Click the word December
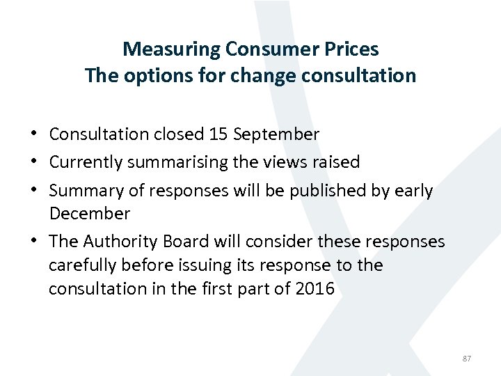[x=89, y=214]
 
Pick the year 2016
[x=314, y=289]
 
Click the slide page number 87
[x=466, y=359]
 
